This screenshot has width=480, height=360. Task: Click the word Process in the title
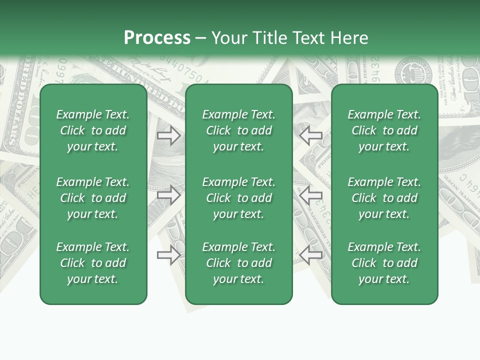click(x=157, y=38)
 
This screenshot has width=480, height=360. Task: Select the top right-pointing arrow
click(x=169, y=135)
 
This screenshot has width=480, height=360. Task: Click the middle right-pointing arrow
click(x=169, y=195)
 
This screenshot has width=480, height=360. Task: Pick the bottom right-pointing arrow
click(x=169, y=255)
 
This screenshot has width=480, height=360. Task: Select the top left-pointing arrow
click(x=310, y=135)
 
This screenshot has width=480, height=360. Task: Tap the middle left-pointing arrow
click(x=310, y=195)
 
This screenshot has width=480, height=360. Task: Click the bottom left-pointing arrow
click(x=310, y=255)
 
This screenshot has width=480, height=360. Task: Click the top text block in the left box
click(x=93, y=130)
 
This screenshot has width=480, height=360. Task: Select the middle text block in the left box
click(x=93, y=198)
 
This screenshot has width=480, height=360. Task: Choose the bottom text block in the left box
click(x=93, y=263)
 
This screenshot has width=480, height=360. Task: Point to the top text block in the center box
click(x=238, y=130)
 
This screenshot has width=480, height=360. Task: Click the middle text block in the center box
click(x=238, y=198)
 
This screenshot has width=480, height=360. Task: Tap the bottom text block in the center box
click(x=238, y=263)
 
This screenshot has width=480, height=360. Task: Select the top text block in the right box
click(x=384, y=130)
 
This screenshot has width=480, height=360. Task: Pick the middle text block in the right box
click(x=384, y=198)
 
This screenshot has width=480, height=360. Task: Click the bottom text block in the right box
click(x=384, y=263)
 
